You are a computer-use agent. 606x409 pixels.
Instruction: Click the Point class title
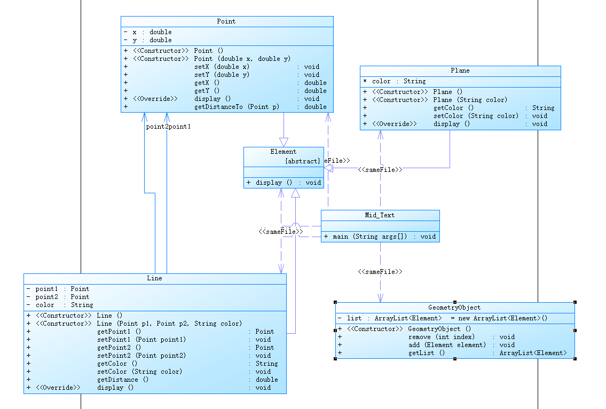click(226, 21)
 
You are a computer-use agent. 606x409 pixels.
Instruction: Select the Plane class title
click(460, 70)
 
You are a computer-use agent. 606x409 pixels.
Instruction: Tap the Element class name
click(283, 152)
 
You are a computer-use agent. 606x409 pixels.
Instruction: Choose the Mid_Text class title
click(380, 215)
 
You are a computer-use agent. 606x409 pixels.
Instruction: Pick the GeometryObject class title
click(454, 308)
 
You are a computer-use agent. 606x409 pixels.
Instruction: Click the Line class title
click(154, 278)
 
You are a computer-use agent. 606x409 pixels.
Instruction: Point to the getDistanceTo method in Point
click(237, 107)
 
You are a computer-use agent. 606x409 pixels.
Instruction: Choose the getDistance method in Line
click(117, 380)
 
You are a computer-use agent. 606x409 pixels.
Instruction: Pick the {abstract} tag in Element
click(303, 161)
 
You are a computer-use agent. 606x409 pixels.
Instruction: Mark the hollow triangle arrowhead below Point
click(284, 142)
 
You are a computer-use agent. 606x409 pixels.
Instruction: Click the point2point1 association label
click(168, 127)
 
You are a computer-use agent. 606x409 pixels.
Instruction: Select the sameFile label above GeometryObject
click(380, 272)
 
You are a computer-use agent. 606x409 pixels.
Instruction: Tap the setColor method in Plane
click(476, 116)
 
